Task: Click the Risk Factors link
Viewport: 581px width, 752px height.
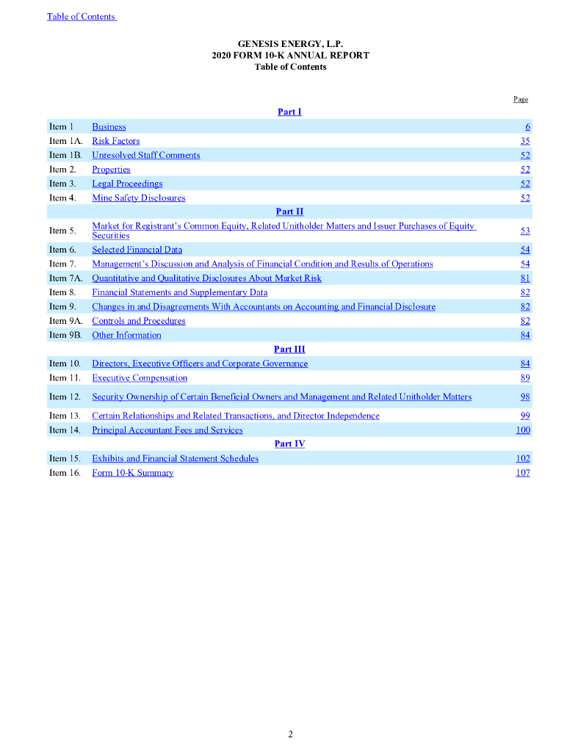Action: (115, 141)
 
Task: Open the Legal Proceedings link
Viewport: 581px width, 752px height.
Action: (127, 184)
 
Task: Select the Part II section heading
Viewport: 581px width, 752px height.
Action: (289, 212)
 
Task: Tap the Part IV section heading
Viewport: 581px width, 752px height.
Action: (289, 444)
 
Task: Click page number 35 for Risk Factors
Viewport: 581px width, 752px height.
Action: (525, 141)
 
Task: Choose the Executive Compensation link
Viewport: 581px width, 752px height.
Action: (140, 378)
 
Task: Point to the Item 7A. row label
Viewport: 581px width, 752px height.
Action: (65, 278)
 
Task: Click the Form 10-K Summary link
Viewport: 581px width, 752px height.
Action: (133, 473)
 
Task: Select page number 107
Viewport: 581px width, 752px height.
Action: (523, 473)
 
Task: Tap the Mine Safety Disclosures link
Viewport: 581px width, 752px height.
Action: (139, 198)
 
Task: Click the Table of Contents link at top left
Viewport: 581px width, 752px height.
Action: (82, 17)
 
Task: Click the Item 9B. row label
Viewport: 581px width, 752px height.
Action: (64, 336)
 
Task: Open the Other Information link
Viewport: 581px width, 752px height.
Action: (126, 336)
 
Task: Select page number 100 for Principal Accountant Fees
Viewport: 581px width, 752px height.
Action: (523, 430)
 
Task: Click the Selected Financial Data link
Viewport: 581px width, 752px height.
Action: (137, 250)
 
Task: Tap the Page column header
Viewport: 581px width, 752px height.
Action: (520, 99)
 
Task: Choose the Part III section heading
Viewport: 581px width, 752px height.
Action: (289, 350)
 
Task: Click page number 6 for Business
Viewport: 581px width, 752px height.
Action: (527, 127)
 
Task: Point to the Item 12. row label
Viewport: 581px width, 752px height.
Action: (64, 397)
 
